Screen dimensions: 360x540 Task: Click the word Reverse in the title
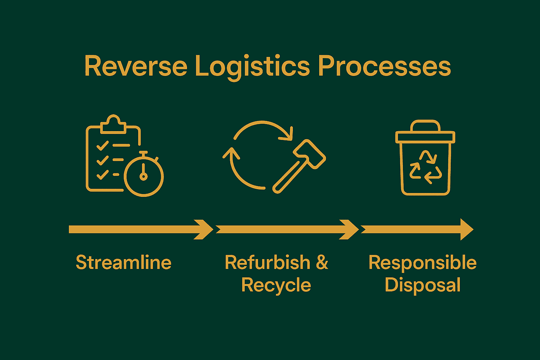(x=136, y=66)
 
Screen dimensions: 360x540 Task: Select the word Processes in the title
(x=384, y=66)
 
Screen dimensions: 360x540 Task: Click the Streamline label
(x=123, y=263)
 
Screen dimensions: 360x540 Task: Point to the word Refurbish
(x=268, y=263)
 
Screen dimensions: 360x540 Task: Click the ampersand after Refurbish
(x=322, y=263)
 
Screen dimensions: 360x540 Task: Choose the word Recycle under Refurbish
(x=276, y=285)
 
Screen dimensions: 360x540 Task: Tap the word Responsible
(x=422, y=263)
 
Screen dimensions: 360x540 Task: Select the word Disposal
(x=422, y=285)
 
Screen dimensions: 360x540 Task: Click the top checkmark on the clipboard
(x=102, y=145)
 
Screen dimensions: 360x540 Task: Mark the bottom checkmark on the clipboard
(x=102, y=174)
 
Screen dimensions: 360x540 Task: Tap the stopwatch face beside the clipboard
(x=143, y=177)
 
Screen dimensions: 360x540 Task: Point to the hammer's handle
(x=287, y=179)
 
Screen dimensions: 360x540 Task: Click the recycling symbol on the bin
(x=425, y=167)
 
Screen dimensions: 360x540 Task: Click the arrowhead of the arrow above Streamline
(x=204, y=230)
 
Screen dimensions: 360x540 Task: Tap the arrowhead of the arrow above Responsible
(x=466, y=230)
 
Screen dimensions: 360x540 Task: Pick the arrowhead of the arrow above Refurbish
(x=349, y=230)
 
